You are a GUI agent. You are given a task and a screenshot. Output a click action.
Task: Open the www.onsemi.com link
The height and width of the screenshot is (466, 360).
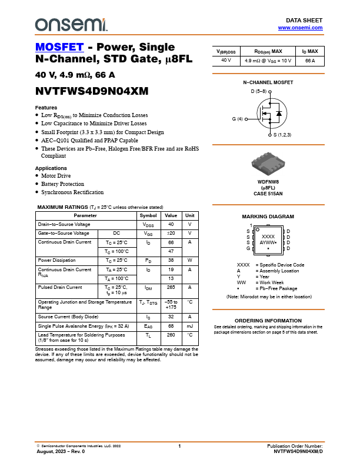coord(300,28)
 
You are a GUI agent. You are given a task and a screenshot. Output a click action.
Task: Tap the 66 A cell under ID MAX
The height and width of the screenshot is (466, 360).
coord(310,61)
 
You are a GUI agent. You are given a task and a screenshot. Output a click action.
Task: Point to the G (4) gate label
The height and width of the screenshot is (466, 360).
coord(238,119)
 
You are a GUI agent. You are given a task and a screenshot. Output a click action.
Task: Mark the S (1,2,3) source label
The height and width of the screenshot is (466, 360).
coord(281,135)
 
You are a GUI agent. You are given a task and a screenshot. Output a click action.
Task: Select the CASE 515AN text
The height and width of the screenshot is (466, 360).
coord(268,194)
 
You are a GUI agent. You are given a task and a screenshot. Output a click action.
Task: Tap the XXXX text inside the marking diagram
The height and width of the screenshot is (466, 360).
coord(268,236)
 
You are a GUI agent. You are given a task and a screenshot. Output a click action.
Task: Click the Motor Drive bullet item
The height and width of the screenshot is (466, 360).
coord(56,176)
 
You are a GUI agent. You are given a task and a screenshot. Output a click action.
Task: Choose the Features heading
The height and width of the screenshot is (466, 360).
coord(46,108)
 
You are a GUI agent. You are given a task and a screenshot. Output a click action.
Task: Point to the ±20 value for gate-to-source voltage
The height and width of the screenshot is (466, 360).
coord(171,233)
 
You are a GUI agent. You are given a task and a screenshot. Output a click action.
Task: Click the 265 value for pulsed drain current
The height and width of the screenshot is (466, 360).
coord(171,287)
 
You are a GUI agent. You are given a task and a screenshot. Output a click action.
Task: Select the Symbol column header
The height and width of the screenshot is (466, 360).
coord(148,215)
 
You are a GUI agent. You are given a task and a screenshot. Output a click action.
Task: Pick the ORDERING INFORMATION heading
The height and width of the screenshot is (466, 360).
coord(268,320)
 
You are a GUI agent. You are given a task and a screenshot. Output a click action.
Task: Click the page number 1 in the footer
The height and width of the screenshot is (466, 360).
coord(179,447)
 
